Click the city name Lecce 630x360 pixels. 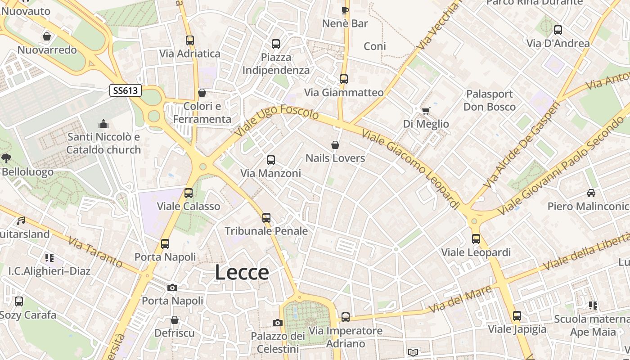[x=242, y=273]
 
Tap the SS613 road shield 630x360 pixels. [x=126, y=90]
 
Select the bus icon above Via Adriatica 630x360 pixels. [x=189, y=40]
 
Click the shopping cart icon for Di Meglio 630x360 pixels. [x=425, y=110]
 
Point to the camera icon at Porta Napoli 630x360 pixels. [x=172, y=288]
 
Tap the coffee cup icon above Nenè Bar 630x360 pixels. [x=345, y=10]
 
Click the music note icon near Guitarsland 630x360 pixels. [x=21, y=220]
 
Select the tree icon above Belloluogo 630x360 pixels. [x=6, y=158]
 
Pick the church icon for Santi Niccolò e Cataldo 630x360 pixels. [x=103, y=124]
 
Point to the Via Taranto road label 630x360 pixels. [x=95, y=252]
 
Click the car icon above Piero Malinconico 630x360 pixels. [x=591, y=193]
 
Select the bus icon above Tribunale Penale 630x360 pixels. [x=266, y=218]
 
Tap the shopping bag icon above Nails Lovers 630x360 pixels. [x=335, y=145]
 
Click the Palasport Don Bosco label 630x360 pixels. [x=490, y=100]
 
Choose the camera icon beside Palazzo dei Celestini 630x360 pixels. [x=278, y=323]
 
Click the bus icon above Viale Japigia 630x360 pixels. [x=517, y=316]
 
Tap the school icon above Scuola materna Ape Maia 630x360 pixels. [x=593, y=306]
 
